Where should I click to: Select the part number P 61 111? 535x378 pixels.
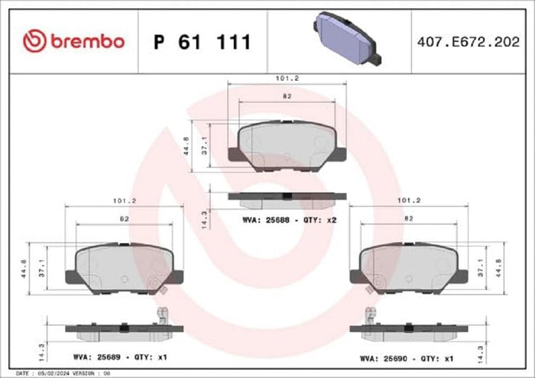(201, 42)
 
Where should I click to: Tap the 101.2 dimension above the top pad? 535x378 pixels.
(287, 77)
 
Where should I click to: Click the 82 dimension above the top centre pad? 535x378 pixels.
(287, 97)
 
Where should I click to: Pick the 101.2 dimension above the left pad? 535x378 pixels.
(124, 200)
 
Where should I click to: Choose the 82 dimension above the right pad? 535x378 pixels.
(409, 219)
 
